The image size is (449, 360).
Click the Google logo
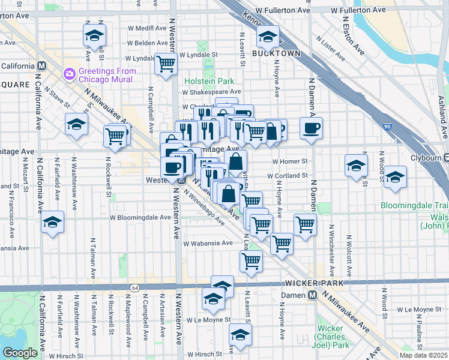pyautogui.click(x=19, y=353)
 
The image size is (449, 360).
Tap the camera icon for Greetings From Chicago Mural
pyautogui.click(x=69, y=74)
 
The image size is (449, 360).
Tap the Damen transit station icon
pyautogui.click(x=312, y=295)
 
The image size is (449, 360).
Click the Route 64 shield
pyautogui.click(x=130, y=288)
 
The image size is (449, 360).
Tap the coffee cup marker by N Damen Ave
pyautogui.click(x=311, y=128)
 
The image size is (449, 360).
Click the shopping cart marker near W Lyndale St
pyautogui.click(x=166, y=63)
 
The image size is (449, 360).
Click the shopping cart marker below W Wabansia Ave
pyautogui.click(x=250, y=260)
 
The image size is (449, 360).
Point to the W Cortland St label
pyautogui.click(x=287, y=176)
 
